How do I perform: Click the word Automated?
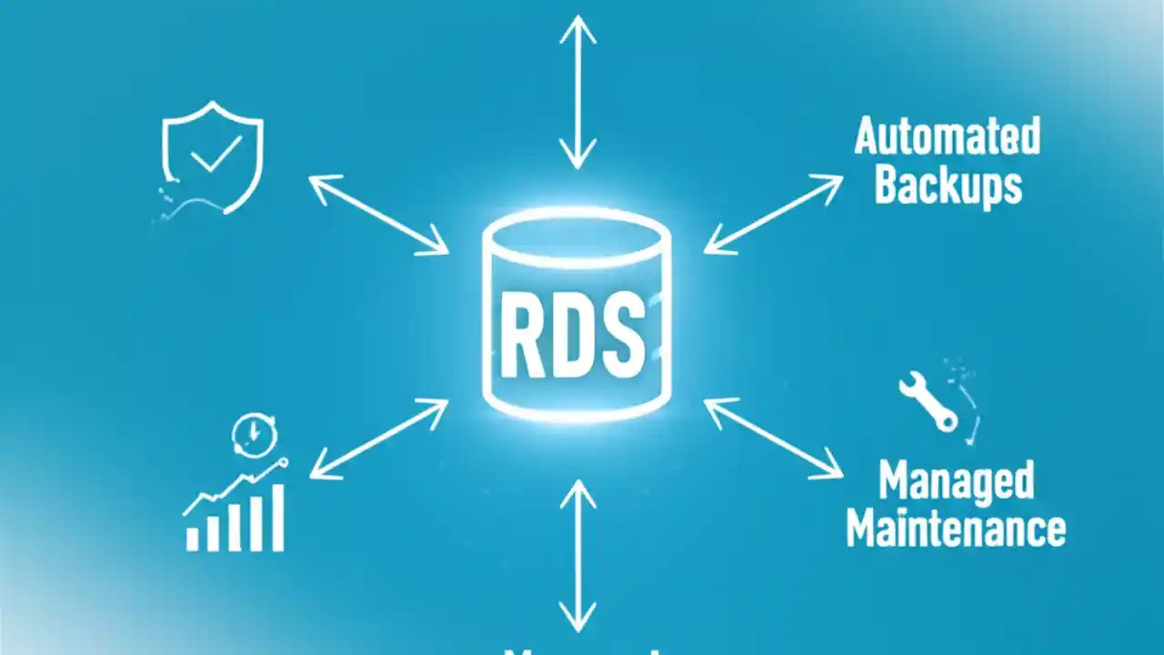point(948,136)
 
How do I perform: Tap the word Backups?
point(948,186)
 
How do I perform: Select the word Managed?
point(956,481)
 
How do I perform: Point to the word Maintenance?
point(956,529)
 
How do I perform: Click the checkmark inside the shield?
point(215,154)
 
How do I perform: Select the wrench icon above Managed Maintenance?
point(928,400)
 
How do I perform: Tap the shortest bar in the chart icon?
point(193,538)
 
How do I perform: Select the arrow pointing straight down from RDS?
point(577,556)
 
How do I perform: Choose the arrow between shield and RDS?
point(378,215)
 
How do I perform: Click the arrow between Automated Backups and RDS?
point(773,215)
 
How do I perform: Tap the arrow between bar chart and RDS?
point(378,439)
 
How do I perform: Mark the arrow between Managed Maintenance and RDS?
point(773,438)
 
